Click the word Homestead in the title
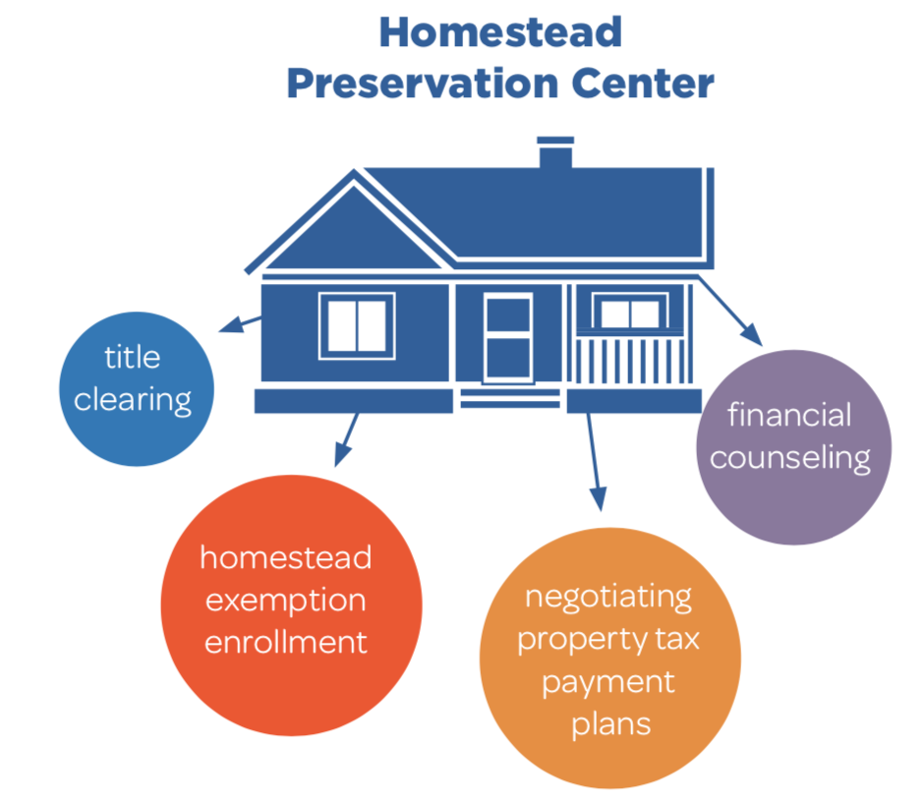(500, 32)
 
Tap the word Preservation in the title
(423, 85)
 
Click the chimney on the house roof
(555, 152)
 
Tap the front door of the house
(508, 338)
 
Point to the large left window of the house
(357, 325)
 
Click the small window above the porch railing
(630, 313)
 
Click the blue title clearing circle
(136, 389)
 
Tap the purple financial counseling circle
(793, 447)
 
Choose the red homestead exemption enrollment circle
(291, 605)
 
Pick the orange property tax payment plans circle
(609, 658)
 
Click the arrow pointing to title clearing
(241, 323)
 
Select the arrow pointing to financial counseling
(730, 311)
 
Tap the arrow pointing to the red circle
(346, 439)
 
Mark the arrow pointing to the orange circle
(596, 462)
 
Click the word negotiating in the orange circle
(608, 598)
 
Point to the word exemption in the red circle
(286, 602)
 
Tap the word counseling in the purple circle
(789, 459)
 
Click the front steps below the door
(510, 398)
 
